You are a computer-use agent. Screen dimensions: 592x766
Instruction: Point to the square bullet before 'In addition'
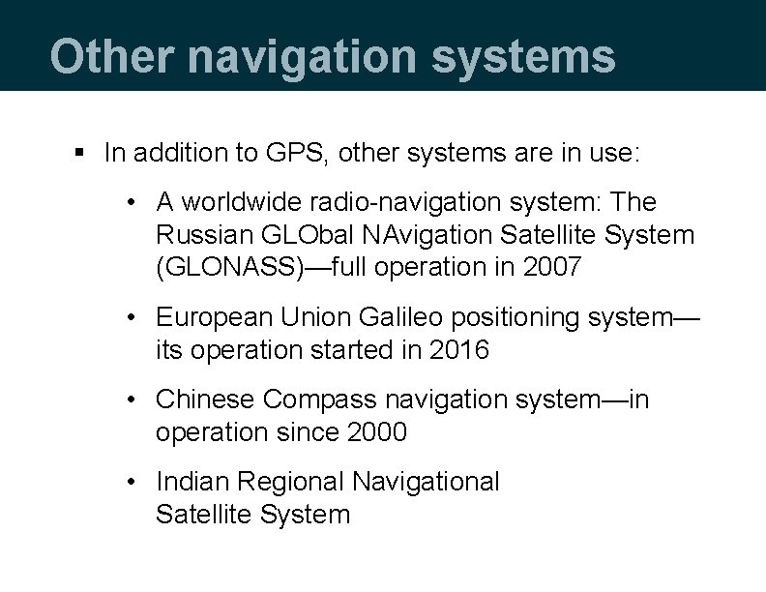point(81,152)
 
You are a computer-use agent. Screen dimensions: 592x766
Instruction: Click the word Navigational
point(427,482)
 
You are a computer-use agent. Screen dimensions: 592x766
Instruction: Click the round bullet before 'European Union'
point(136,317)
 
